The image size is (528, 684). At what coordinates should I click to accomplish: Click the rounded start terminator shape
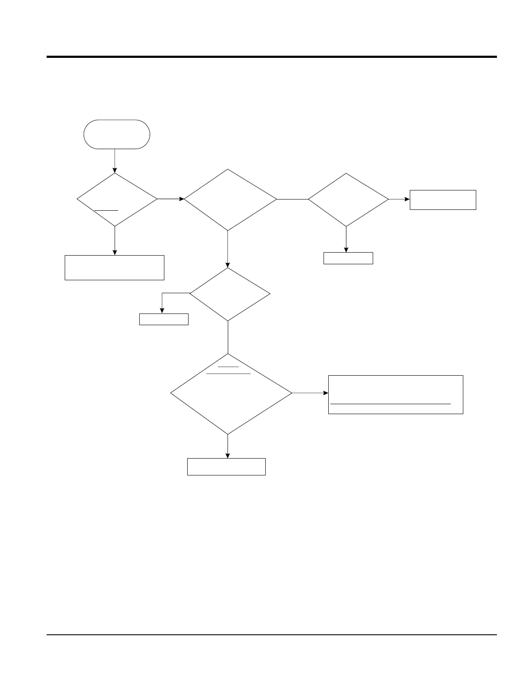[116, 134]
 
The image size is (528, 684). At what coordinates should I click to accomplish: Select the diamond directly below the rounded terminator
[116, 199]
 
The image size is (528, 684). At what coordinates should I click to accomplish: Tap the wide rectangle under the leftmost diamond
[114, 268]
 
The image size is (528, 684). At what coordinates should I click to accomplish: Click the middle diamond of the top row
[230, 199]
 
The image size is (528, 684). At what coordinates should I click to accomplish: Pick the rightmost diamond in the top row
[348, 199]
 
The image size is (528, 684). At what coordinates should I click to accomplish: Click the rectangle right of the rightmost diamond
[443, 199]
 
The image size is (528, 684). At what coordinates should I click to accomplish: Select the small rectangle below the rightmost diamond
[348, 258]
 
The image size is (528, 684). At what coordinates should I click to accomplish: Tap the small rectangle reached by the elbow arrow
[164, 319]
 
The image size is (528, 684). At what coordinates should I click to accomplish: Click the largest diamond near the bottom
[231, 393]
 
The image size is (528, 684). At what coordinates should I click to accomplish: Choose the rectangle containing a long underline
[396, 395]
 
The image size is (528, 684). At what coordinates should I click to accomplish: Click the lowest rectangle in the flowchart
[226, 467]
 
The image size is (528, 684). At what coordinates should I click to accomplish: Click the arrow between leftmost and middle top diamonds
[170, 199]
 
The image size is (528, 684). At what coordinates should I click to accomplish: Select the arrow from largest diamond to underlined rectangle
[310, 393]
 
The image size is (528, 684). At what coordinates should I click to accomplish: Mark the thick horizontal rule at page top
[272, 57]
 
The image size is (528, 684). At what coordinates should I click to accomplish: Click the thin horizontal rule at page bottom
[272, 634]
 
